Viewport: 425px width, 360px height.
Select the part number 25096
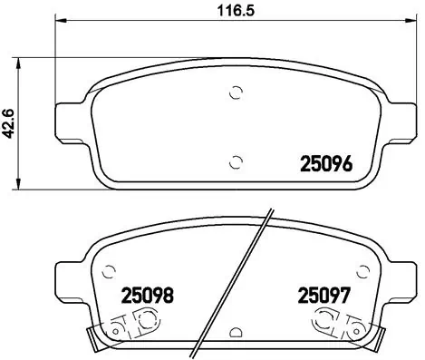click(324, 164)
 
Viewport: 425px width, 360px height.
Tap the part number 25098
click(147, 296)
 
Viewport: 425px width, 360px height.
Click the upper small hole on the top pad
click(237, 91)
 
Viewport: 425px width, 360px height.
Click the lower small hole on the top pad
click(237, 162)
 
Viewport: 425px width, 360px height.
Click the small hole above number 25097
click(362, 269)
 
